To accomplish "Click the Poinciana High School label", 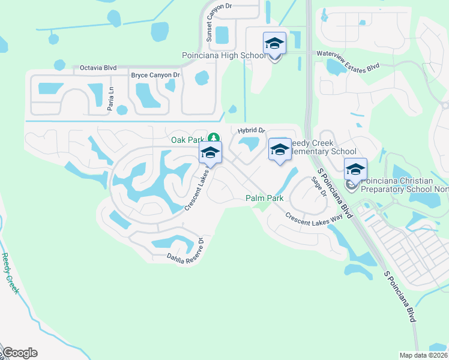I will (x=223, y=56).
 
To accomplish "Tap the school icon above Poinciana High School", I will (x=274, y=44).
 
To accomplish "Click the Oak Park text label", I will (x=188, y=140).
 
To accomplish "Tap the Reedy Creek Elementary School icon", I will (x=280, y=151).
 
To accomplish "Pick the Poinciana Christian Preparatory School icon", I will (x=355, y=170).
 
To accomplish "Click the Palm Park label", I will (x=264, y=198).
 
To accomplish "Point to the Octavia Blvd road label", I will (x=98, y=68).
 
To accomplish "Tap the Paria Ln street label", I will (x=110, y=97).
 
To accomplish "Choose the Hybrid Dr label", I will (x=251, y=130).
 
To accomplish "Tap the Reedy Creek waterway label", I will (x=11, y=276).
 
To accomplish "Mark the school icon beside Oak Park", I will (x=210, y=153).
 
